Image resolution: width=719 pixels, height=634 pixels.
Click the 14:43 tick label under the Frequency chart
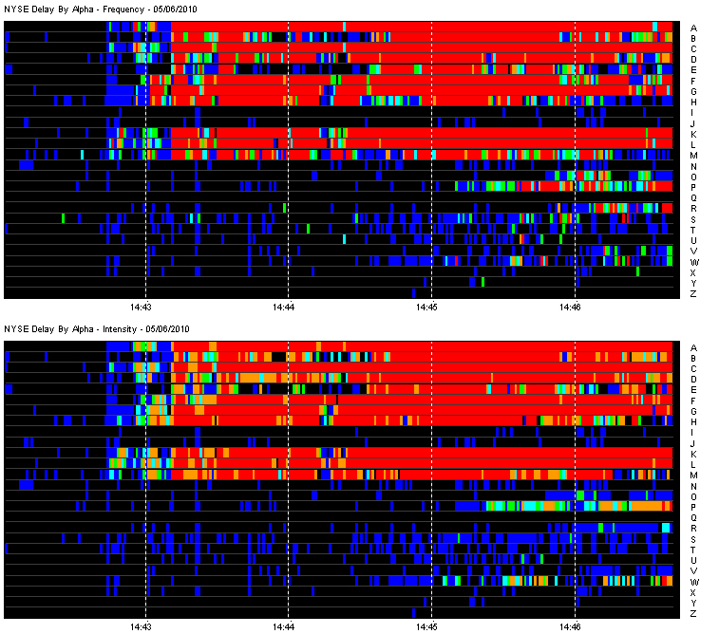click(x=142, y=308)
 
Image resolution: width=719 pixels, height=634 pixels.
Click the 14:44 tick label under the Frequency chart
click(x=284, y=308)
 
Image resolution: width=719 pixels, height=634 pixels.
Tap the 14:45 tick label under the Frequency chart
click(x=427, y=308)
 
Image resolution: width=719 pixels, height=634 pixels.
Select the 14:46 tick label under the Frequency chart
click(x=571, y=308)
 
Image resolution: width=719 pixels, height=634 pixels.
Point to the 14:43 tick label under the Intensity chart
click(x=142, y=626)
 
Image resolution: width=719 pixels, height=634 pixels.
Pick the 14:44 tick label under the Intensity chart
click(x=284, y=626)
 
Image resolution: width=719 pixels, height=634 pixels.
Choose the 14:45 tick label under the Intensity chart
click(x=427, y=626)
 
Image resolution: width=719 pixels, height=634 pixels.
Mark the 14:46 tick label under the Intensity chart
click(x=571, y=626)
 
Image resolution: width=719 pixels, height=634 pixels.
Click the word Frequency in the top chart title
click(x=123, y=9)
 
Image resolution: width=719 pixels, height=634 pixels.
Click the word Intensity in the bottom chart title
click(x=121, y=328)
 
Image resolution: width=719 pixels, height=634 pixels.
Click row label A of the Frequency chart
click(x=693, y=28)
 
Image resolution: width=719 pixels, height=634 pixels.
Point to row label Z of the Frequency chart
click(x=693, y=294)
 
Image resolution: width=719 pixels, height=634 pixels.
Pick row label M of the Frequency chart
click(x=693, y=156)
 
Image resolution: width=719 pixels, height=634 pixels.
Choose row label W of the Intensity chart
click(x=694, y=582)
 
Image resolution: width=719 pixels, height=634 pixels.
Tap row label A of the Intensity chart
click(x=693, y=347)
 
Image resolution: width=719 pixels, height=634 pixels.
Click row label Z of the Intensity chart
click(x=693, y=614)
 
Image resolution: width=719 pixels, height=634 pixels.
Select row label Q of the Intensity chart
click(x=693, y=518)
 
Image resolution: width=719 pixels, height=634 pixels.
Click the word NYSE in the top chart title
click(x=16, y=9)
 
